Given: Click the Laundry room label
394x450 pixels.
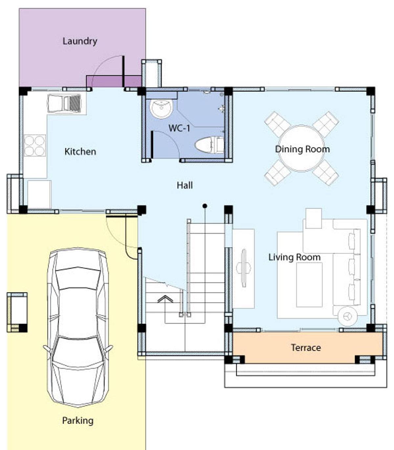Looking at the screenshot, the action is tap(80, 41).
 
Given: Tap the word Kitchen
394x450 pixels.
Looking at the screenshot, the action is tap(80, 152).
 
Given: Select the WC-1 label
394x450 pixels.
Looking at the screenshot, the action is tap(179, 128).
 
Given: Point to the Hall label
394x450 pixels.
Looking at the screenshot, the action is tap(185, 185).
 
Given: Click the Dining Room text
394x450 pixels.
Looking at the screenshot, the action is tap(302, 149).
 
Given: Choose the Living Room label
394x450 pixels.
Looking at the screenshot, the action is tap(295, 257).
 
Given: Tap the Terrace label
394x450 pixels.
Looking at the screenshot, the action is tap(306, 348).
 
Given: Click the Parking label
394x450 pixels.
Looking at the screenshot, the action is tap(78, 420).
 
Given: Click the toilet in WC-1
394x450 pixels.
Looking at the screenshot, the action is tap(209, 144).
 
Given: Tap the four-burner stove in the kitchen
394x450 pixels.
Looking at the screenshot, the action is tap(35, 145).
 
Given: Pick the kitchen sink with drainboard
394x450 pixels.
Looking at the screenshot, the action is tap(64, 103).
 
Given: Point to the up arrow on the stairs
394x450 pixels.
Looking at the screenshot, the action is tap(165, 299).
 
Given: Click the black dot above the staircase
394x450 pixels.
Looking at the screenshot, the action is tap(205, 206).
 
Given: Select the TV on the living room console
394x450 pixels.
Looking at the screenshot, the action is tap(243, 268).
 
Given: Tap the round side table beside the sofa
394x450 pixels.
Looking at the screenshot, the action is tap(348, 317).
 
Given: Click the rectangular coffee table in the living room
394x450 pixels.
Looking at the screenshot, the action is tap(309, 284).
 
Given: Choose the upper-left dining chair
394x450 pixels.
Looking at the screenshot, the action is tap(277, 124).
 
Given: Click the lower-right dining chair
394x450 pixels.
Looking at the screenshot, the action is tap(326, 173).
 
